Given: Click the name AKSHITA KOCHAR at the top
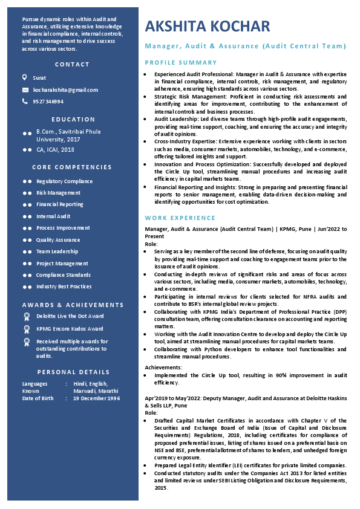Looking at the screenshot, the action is point(208,26).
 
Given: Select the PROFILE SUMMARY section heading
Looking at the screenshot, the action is point(181,63).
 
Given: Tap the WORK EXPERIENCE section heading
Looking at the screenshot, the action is point(180,218).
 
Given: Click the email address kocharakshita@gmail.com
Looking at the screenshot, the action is point(65,90).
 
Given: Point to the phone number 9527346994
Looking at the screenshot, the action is point(48,102).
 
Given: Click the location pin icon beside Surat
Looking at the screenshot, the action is point(25,77).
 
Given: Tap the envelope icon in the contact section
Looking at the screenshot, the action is point(25,90).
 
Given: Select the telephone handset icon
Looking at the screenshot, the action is point(25,102).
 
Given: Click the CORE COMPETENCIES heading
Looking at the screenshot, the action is point(72,167).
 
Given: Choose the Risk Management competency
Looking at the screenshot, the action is point(58,193).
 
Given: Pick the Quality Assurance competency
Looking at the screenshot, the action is point(58,240).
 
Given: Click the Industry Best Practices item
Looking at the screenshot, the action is point(64,287).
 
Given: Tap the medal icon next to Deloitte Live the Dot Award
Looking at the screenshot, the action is point(26,316).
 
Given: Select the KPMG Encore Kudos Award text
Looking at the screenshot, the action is point(70,329).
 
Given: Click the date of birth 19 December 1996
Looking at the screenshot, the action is point(97,398).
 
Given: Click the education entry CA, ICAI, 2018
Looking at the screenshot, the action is point(55,149).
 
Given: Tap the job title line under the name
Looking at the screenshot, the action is point(246,47).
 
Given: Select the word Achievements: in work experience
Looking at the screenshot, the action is point(163,367).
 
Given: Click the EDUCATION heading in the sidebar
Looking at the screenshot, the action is point(73,120).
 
